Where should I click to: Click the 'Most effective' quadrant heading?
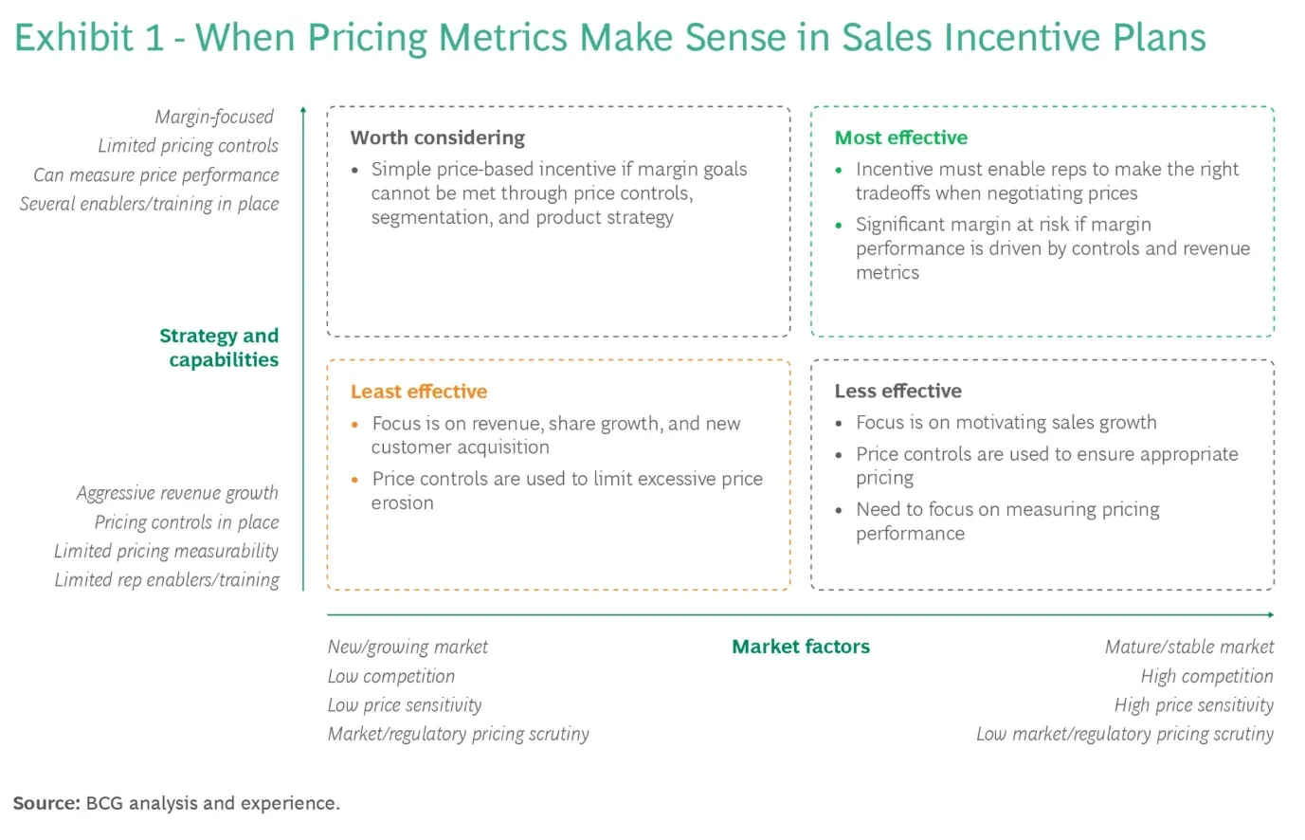900,137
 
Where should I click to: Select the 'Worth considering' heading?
438,137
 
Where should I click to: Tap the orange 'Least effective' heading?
419,392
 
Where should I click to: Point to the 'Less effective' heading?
897,391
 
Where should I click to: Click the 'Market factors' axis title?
801,647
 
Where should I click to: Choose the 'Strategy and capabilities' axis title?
220,347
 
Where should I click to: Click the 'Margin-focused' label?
214,118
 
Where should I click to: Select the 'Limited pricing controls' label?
189,146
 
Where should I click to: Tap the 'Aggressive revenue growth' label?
177,493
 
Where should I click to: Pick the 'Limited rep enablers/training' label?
167,580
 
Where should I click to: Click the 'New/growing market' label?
408,647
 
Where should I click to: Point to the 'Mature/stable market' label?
1189,647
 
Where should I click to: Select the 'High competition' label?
1207,676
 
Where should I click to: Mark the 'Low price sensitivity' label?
405,705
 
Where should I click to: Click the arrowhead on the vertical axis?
303,110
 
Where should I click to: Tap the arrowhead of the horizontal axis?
1271,614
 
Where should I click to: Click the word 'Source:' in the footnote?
46,803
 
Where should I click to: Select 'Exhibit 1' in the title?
89,38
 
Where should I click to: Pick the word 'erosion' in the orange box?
403,503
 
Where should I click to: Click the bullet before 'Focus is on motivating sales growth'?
839,423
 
